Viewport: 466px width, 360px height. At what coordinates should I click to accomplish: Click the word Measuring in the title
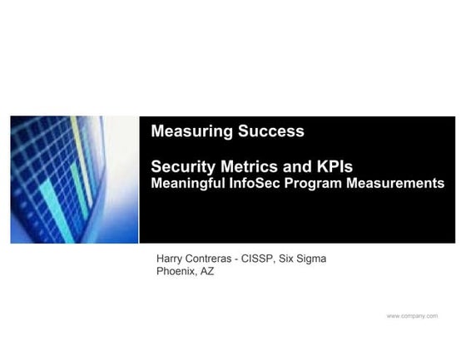(191, 131)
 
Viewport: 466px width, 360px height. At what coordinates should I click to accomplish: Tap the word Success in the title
(271, 131)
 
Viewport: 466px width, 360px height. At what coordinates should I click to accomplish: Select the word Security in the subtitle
(183, 167)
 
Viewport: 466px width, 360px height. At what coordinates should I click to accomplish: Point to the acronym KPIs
(335, 166)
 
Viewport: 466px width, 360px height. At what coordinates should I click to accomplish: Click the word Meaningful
(188, 184)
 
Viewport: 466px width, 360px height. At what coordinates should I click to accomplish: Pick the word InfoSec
(255, 183)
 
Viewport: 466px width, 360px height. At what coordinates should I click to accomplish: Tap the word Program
(313, 184)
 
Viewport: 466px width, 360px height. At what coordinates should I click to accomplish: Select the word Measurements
(395, 183)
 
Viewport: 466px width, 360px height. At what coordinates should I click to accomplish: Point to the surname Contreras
(207, 259)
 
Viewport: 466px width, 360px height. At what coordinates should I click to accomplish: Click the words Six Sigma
(303, 259)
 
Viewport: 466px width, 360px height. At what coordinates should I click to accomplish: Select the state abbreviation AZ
(207, 271)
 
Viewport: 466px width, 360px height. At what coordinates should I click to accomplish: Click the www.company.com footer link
(412, 316)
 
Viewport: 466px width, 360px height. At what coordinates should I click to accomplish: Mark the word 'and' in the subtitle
(296, 166)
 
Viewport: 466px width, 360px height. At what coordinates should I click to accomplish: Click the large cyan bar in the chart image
(57, 211)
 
